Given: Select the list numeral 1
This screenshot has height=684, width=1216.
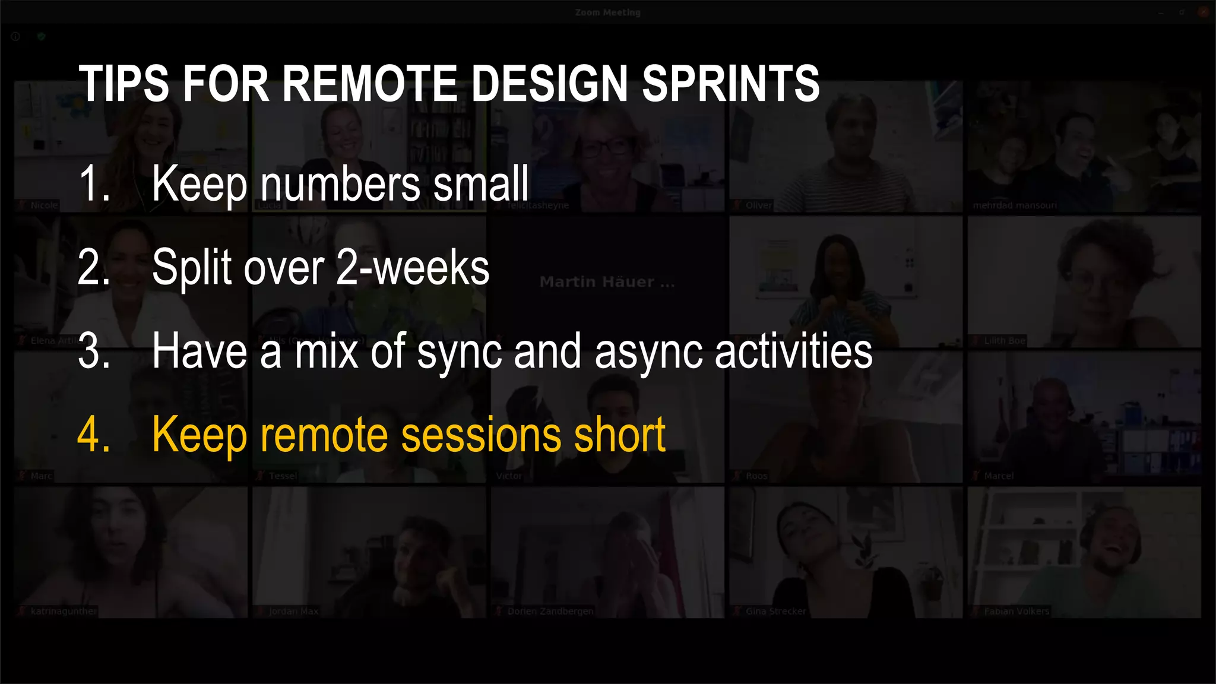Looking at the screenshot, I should (93, 184).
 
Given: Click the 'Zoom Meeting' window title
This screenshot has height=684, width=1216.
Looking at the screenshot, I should (607, 12).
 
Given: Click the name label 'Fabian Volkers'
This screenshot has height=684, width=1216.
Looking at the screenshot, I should (1016, 612).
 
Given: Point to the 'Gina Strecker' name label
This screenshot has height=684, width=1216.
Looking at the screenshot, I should (775, 612).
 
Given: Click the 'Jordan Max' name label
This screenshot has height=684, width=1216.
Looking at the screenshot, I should (293, 612).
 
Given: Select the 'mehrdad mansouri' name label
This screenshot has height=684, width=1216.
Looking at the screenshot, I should (1015, 206).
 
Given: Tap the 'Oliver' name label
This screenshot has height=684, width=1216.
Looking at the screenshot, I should (758, 206).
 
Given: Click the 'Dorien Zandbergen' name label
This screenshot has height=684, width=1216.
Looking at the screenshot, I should (550, 612).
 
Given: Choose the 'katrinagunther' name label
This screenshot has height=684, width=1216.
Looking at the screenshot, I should (63, 612).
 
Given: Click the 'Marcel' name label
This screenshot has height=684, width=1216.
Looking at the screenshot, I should (999, 476).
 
